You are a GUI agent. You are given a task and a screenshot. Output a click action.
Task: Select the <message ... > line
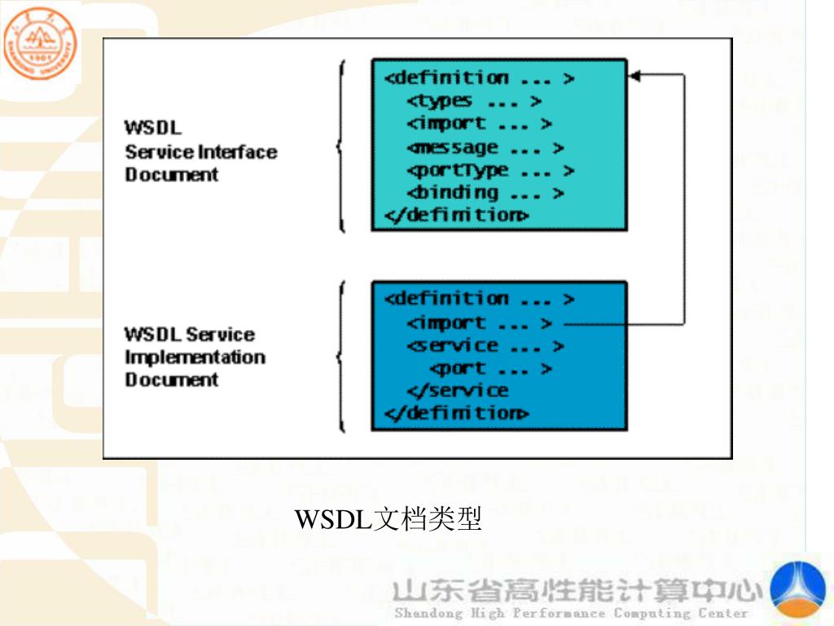point(485,148)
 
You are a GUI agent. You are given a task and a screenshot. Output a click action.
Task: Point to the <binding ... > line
point(485,193)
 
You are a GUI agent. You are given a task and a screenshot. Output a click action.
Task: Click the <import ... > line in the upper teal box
point(479,124)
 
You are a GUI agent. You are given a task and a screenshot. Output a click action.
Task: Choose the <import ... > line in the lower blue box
point(479,324)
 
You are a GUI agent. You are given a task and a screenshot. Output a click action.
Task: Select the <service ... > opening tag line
point(485,346)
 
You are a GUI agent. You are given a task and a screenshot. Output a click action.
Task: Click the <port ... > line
point(490,368)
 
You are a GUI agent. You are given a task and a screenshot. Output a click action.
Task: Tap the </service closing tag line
point(457,390)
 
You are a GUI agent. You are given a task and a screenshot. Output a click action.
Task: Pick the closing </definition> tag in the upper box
point(456,215)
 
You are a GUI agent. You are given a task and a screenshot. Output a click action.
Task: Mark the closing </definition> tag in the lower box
point(456,413)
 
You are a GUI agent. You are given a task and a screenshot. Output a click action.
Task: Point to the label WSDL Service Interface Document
point(200,151)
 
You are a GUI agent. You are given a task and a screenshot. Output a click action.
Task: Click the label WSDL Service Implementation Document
point(195,357)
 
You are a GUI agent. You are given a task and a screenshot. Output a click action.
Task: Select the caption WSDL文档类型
point(388,518)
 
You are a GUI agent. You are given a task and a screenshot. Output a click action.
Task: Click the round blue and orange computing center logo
point(798,589)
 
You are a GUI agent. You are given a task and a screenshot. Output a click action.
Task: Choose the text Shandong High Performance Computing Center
point(570,613)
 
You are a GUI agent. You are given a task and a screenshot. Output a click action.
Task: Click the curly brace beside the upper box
point(341,147)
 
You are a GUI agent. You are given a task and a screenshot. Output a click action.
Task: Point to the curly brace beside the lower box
point(341,356)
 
